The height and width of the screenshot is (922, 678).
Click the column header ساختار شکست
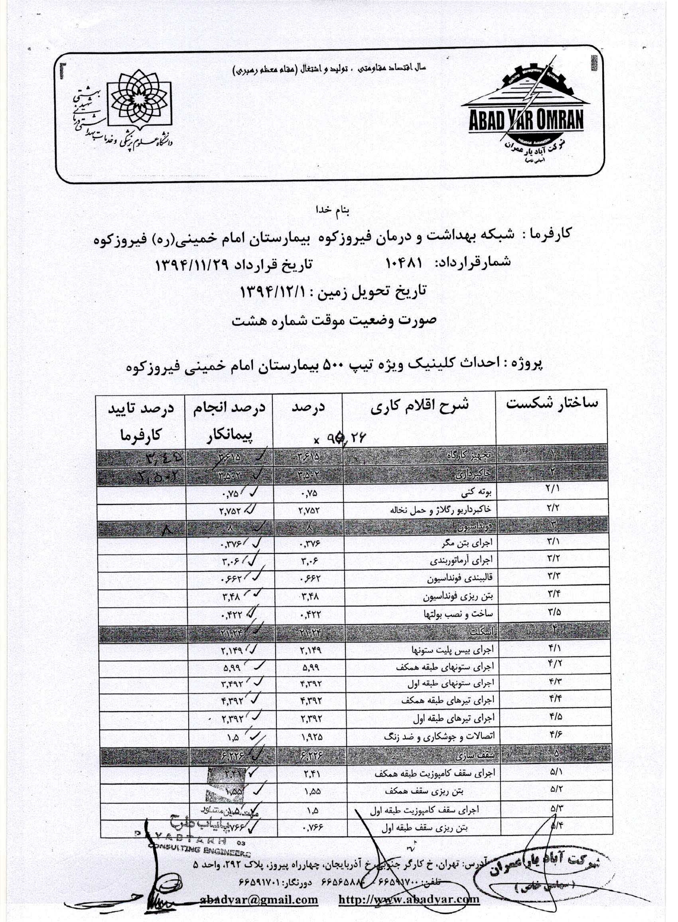(552, 404)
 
